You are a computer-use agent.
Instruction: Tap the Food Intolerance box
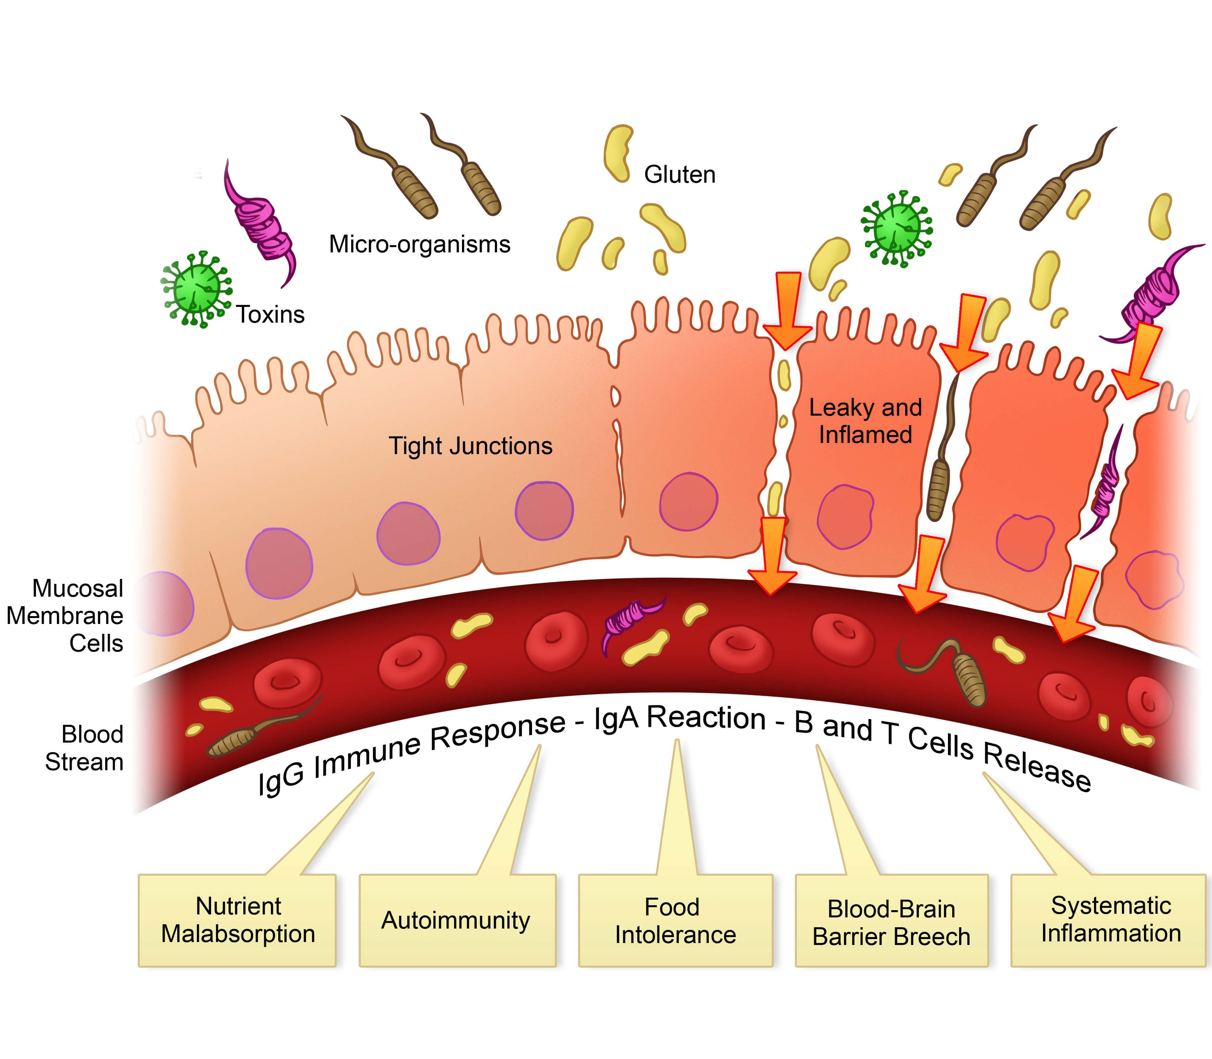675,920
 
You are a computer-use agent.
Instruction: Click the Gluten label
679,175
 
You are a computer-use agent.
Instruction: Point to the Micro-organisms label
419,244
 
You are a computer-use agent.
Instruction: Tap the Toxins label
270,314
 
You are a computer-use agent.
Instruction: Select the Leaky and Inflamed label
865,421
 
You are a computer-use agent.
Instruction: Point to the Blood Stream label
85,748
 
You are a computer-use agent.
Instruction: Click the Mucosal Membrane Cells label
65,616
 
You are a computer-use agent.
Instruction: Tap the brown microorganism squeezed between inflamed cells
939,473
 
